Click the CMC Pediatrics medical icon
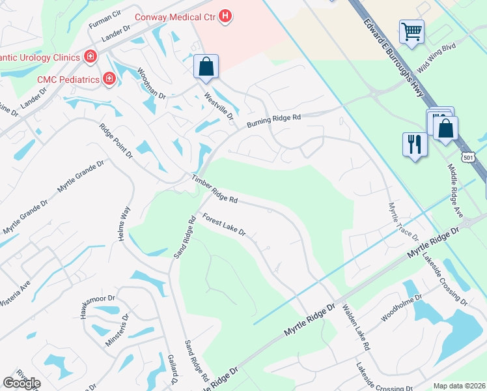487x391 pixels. (109, 80)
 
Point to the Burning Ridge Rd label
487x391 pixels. (273, 121)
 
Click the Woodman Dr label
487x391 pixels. (151, 84)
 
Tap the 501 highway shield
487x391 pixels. (467, 158)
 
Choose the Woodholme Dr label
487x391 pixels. (402, 307)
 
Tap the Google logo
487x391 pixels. (21, 383)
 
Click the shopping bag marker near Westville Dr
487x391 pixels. (206, 66)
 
